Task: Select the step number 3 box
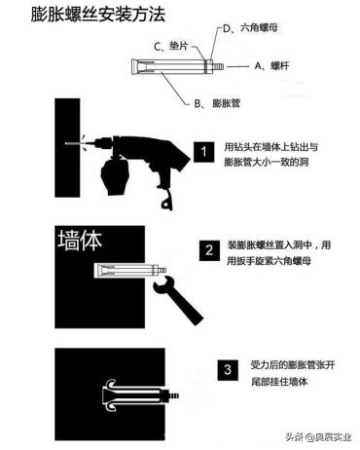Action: [227, 369]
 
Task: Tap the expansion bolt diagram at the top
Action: [169, 69]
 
